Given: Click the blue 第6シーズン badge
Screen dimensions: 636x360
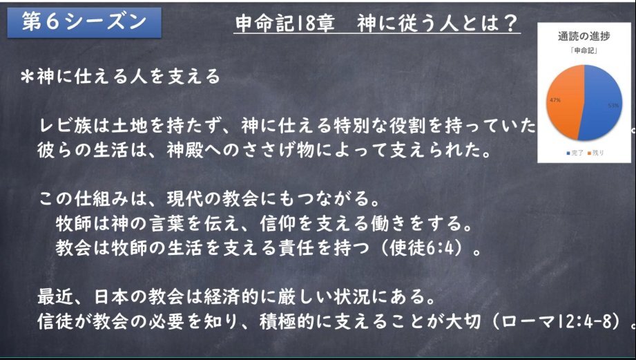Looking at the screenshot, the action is pos(84,22).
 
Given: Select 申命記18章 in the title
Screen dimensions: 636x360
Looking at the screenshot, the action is pos(285,23).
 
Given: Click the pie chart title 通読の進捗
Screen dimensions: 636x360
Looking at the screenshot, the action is pos(584,36).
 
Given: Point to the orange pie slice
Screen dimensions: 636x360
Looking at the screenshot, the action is pos(566,102).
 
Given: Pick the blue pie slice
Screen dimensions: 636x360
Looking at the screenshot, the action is pos(602,102).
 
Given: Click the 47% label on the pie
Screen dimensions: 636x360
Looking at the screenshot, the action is pos(555,100).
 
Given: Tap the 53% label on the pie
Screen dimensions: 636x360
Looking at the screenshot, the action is pos(613,106).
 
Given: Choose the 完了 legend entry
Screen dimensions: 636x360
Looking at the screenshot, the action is pos(575,153).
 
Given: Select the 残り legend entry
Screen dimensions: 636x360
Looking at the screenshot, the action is pos(595,153).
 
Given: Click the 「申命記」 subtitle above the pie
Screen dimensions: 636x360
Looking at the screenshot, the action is pos(584,50).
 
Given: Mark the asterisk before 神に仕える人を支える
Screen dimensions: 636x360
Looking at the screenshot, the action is pos(28,77).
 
